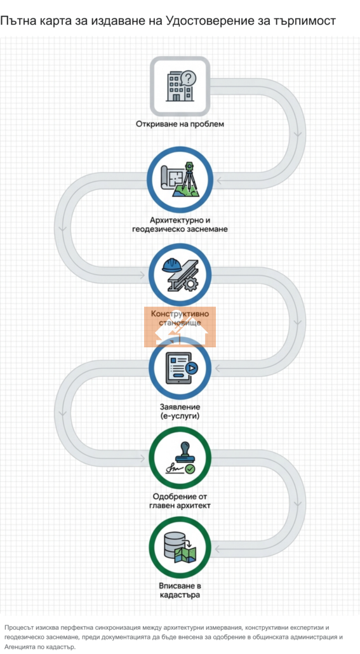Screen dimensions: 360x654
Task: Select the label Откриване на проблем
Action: [180, 124]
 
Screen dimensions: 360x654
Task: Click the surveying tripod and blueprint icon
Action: [180, 181]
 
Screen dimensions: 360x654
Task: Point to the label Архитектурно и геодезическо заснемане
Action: [180, 224]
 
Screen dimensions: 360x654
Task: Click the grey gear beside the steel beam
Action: [190, 284]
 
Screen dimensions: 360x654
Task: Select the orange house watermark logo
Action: [180, 327]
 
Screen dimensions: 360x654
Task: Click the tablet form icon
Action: [180, 368]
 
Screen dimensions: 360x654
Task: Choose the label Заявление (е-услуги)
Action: [180, 411]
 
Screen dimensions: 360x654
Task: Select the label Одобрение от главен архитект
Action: [180, 501]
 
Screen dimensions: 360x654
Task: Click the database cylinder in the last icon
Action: [173, 544]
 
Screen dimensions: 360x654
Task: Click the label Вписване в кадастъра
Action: [180, 589]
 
